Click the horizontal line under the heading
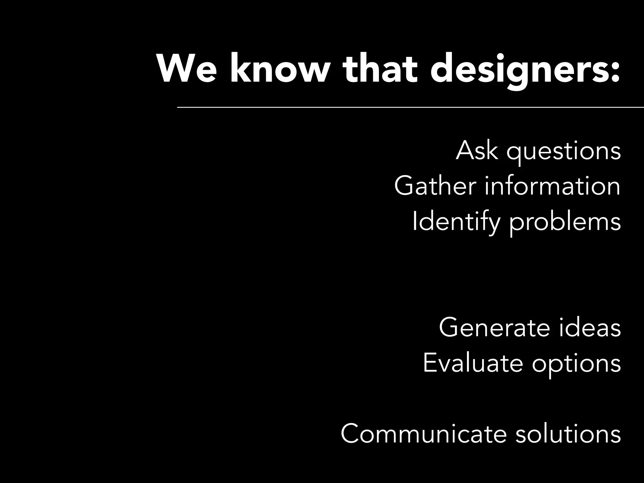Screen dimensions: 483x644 (409, 107)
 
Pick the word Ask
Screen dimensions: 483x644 (477, 151)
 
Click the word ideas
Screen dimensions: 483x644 (590, 328)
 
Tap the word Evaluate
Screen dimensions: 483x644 (473, 363)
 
